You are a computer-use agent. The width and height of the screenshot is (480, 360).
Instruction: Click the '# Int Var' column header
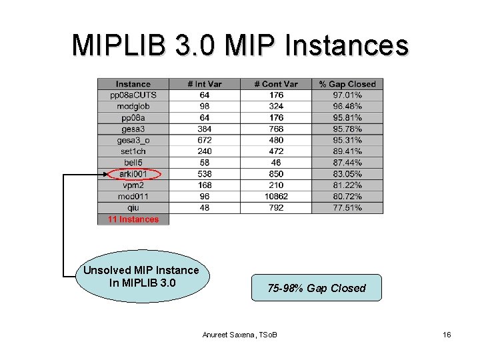coord(204,84)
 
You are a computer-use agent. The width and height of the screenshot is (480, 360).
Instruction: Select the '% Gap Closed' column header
coord(347,84)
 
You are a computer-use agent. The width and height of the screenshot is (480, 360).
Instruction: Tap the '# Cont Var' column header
coord(276,84)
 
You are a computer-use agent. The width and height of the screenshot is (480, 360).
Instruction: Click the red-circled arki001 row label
coord(133,174)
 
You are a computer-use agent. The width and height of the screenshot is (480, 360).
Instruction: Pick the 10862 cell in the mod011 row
coord(276,197)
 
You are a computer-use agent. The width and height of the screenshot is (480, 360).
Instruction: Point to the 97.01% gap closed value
coord(347,95)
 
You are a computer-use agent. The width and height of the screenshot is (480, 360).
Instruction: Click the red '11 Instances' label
coord(133,219)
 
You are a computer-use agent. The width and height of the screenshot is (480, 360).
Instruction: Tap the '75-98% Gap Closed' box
coord(317,288)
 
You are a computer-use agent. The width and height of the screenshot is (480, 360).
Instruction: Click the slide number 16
coord(446,334)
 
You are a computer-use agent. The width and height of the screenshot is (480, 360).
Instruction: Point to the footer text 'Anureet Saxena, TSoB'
coord(240,334)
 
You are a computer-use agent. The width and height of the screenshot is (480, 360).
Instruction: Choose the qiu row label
coord(133,208)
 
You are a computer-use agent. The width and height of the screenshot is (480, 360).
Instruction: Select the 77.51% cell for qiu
coord(347,208)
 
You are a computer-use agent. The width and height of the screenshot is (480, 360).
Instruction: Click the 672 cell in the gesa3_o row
coord(204,140)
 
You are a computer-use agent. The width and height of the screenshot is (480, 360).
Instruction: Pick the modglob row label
coord(133,107)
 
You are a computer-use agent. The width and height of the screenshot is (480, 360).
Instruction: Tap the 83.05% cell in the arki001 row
coord(347,174)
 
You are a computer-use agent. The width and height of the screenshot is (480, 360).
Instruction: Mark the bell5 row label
coord(133,163)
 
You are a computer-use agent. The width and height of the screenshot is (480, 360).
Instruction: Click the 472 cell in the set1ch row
coord(276,151)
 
